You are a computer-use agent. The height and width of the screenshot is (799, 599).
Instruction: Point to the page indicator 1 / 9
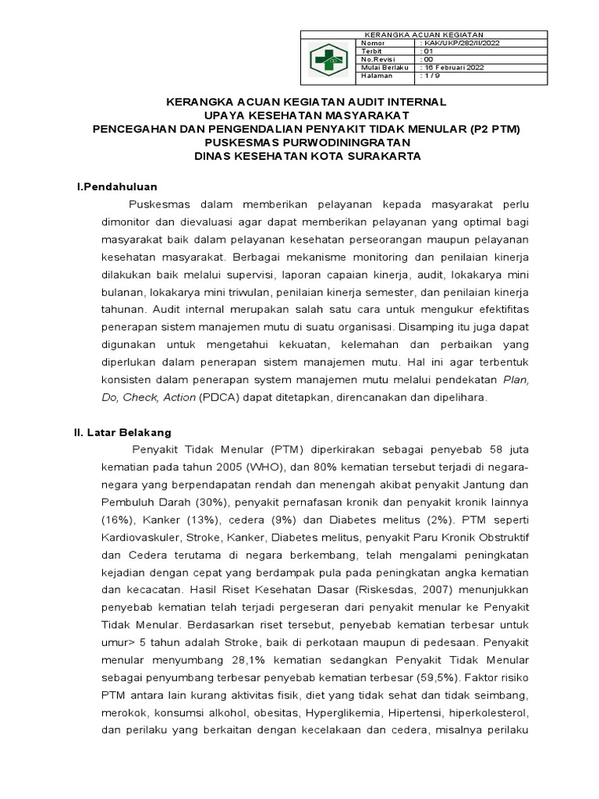click(430, 76)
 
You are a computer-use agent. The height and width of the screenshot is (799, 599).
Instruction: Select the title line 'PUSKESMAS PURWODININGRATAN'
click(307, 143)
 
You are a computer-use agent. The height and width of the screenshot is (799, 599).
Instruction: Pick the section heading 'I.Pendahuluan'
click(116, 186)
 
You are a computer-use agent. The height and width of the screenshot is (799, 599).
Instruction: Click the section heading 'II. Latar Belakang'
click(122, 431)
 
